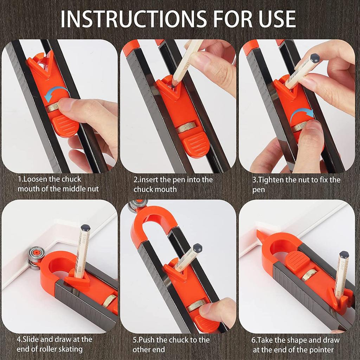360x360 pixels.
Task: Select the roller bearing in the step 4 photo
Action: pos(36,258)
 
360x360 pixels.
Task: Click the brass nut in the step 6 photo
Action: pos(309,275)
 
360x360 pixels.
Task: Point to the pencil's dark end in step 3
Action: pos(315,58)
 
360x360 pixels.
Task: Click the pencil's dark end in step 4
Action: pos(85,228)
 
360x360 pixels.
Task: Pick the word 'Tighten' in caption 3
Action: pos(270,180)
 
